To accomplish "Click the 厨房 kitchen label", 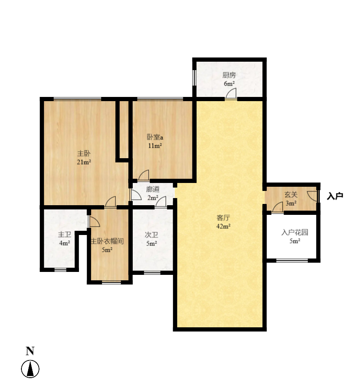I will pos(229,76).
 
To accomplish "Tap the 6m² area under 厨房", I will pos(229,84).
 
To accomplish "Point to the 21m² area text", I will pos(84,162).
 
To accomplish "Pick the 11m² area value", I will pos(155,146).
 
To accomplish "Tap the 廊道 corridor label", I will pos(152,189).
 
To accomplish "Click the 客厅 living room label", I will pos(223,218).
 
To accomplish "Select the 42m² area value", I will pos(223,226).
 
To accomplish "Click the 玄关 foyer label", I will pos(291,195).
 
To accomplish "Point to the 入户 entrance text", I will pos(335,196).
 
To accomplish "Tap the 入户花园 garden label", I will pos(294,232).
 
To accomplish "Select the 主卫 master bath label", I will pos(64,235).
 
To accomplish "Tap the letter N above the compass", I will pos(30,351).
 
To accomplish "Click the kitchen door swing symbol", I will pos(230,95).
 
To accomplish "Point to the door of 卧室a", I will pos(143,175).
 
